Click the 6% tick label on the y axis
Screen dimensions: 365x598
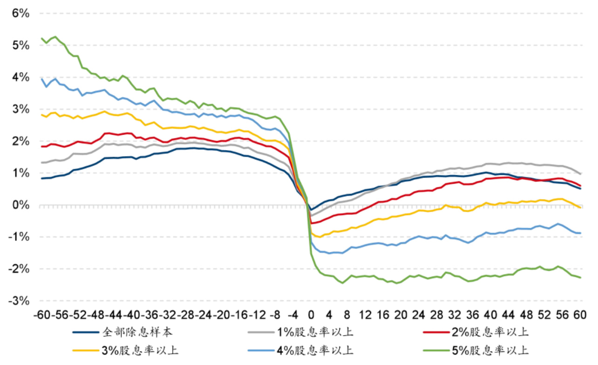coord(21,13)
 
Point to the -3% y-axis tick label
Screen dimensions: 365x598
coord(19,301)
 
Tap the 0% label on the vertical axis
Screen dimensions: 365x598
coord(21,205)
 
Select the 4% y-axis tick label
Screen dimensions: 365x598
coord(21,77)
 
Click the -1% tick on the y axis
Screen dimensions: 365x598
coord(19,237)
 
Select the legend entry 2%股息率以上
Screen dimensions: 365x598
coord(496,332)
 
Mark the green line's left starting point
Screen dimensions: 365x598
coord(42,38)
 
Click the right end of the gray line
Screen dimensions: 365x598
coord(580,173)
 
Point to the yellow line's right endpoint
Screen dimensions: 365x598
coord(580,207)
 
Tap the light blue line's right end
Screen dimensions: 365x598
coord(580,233)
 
